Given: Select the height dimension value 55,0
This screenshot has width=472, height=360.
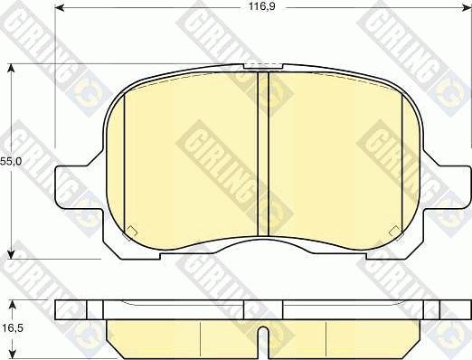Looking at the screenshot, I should coord(10,161).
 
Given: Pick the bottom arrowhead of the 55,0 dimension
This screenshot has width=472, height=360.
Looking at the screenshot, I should coord(12,254).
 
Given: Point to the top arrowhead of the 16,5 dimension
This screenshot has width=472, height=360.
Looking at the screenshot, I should coord(12,302).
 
